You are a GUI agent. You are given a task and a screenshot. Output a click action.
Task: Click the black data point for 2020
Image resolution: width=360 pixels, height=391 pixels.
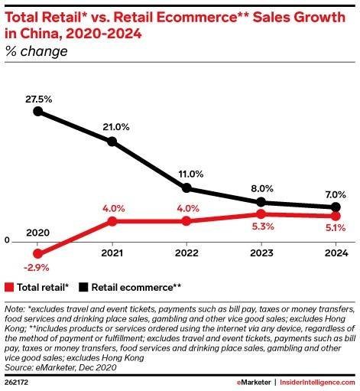click(38, 111)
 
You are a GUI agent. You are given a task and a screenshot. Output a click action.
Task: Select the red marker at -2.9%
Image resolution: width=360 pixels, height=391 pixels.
click(38, 253)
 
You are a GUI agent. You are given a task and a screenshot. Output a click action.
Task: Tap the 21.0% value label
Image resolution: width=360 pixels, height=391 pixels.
click(116, 127)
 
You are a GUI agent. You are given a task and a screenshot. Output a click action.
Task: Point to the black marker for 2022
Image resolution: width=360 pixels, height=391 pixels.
click(186, 188)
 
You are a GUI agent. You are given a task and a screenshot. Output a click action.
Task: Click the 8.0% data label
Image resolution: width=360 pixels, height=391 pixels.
click(262, 188)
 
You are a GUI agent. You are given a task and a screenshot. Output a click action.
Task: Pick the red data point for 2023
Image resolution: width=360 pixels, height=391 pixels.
click(261, 214)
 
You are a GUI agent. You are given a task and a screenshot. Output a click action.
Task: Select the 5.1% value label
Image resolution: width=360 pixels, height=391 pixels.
click(336, 228)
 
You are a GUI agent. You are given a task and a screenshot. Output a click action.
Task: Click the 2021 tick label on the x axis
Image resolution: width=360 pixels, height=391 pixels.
click(112, 253)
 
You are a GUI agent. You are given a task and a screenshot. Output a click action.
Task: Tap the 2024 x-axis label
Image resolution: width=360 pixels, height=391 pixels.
click(336, 253)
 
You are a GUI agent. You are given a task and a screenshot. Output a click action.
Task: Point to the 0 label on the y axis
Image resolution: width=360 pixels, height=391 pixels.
click(7, 240)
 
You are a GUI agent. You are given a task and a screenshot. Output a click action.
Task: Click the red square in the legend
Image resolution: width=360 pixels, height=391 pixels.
click(9, 287)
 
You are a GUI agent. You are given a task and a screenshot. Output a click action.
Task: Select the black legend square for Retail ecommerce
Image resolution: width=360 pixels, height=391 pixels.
click(83, 287)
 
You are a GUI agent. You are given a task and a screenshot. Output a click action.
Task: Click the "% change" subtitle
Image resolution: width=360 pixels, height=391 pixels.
click(36, 51)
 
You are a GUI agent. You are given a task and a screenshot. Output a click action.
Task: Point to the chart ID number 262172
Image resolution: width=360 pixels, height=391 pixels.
click(16, 383)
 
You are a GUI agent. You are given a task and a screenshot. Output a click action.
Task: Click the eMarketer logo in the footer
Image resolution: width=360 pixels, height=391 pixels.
click(254, 383)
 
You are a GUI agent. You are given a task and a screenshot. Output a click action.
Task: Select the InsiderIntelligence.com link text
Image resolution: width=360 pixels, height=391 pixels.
click(317, 383)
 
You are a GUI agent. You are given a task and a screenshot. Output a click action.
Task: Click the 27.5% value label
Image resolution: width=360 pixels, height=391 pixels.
click(39, 99)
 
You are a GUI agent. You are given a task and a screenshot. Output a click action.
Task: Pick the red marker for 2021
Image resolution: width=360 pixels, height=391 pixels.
click(112, 221)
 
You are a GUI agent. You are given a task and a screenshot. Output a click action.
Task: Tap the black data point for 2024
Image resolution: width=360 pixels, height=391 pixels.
click(336, 207)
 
